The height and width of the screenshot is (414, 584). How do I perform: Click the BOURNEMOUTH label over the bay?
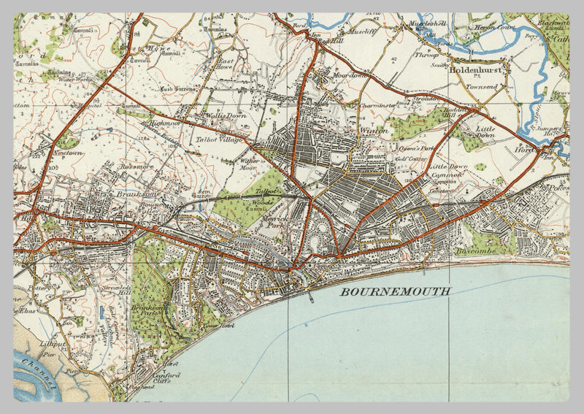[x=395, y=291]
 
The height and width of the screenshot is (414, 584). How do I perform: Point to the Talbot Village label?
[x=216, y=140]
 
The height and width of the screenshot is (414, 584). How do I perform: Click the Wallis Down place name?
[x=204, y=115]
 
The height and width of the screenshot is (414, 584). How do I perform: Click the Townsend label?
[x=482, y=87]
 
